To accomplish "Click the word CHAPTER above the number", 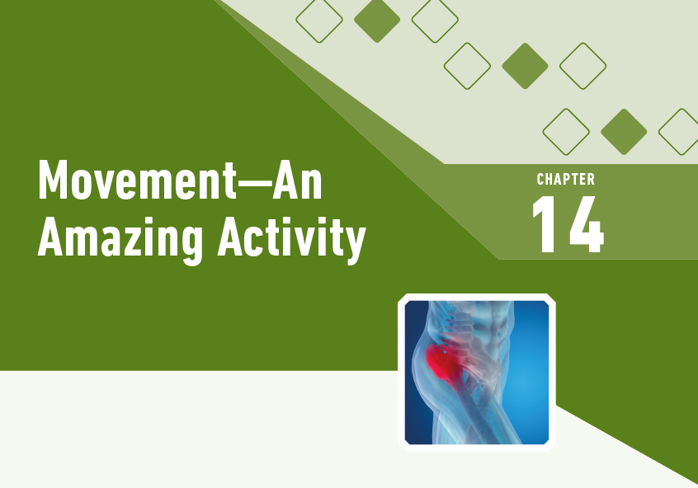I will click(566, 180).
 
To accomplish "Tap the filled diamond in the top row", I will click(377, 20).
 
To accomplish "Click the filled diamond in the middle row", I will click(525, 66).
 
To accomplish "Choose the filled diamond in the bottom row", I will click(624, 132).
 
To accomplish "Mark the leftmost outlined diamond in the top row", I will click(319, 20).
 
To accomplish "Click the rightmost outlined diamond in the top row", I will click(435, 20).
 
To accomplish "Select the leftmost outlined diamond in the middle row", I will click(467, 66).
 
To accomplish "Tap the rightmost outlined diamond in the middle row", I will click(582, 66).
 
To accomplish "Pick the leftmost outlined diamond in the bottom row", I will click(566, 132).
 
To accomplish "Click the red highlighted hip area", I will click(446, 364).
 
